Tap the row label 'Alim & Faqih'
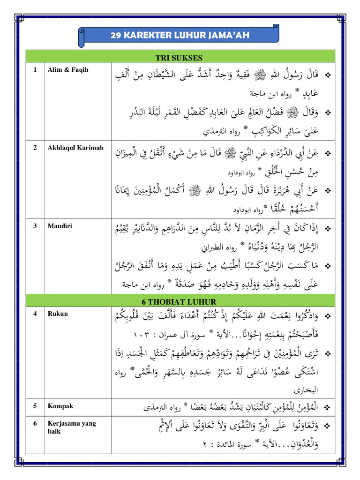click(68, 70)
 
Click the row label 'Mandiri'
click(59, 225)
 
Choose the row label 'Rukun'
click(57, 314)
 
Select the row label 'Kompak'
click(60, 406)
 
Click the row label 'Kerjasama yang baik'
click(71, 427)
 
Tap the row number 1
click(35, 70)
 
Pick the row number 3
click(35, 225)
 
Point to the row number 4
click(35, 314)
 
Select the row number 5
click(35, 406)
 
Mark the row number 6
click(35, 423)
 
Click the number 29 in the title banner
click(115, 35)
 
